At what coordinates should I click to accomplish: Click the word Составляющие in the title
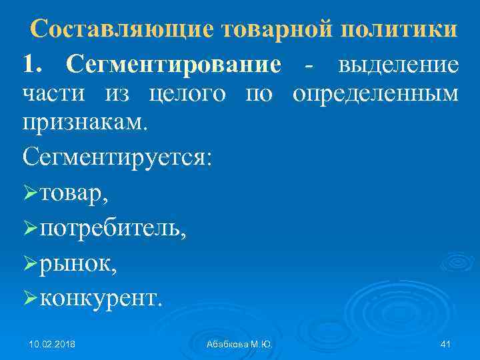[121, 29]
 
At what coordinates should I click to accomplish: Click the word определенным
[375, 94]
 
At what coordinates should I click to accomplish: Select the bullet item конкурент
[100, 298]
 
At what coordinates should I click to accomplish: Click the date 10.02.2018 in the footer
[52, 344]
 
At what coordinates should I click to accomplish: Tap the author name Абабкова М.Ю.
[239, 344]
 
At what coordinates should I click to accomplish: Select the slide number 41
[446, 344]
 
